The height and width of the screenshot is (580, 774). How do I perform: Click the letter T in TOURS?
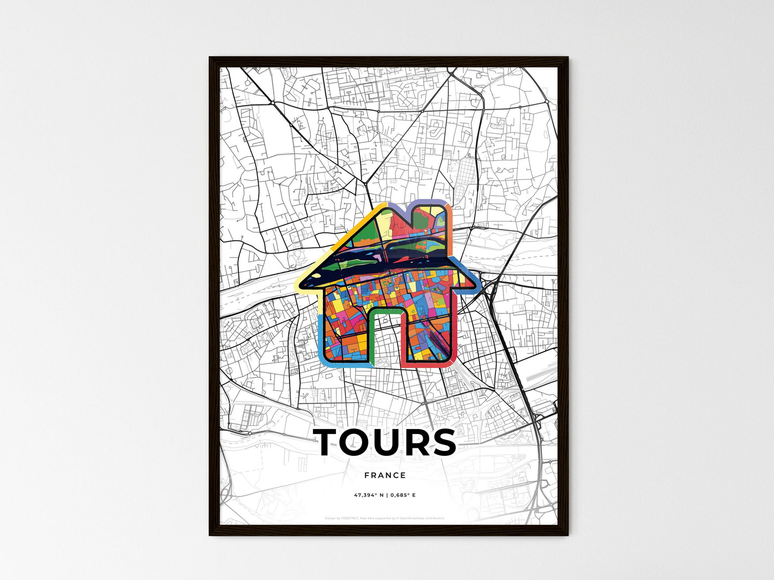click(x=330, y=443)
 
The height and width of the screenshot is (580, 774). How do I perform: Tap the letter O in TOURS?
click(x=363, y=443)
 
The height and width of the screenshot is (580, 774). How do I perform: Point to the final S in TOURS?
click(x=442, y=443)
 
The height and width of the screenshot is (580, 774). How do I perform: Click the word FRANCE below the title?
click(x=385, y=475)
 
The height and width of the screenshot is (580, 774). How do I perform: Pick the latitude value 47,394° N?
click(x=370, y=495)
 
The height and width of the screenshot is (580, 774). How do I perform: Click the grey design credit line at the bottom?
click(x=385, y=518)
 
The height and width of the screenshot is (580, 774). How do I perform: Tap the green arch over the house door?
click(x=385, y=311)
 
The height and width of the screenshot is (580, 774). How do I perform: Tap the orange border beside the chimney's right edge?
click(x=450, y=230)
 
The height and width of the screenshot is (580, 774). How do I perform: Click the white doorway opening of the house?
click(x=385, y=342)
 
